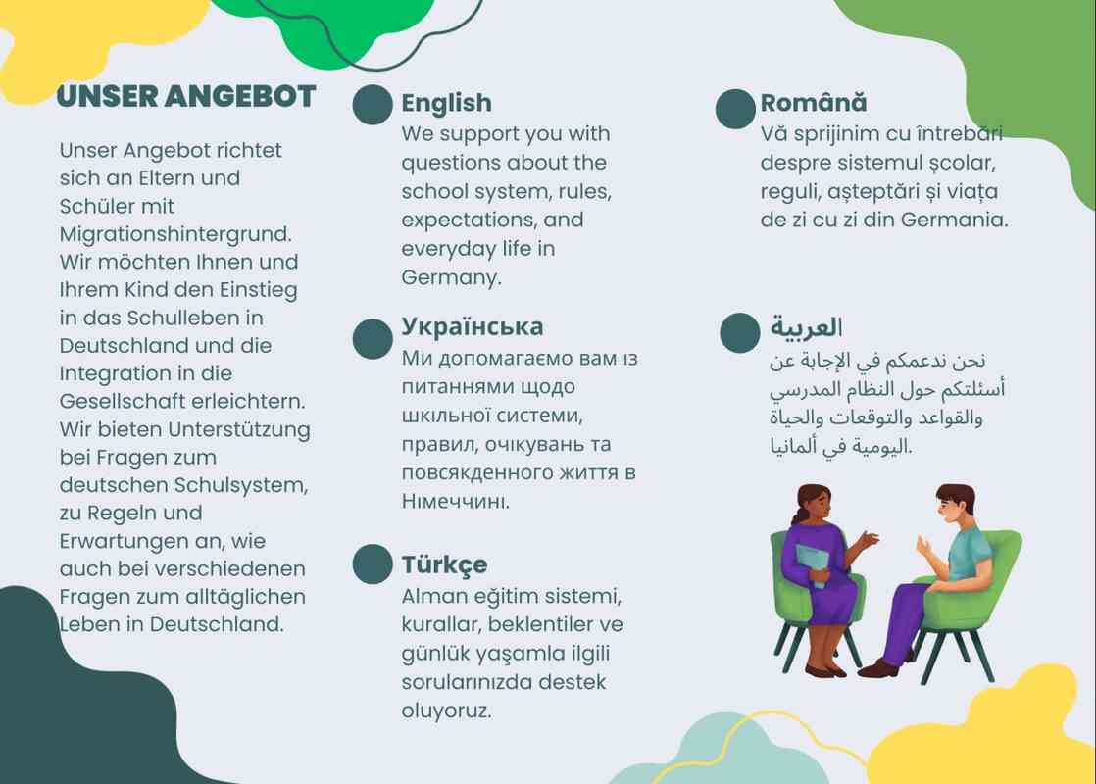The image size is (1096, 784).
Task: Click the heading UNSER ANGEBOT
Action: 186,96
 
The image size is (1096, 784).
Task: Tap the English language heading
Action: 446,103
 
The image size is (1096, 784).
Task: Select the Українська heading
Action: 472,326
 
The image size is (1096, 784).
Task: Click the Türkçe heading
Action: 444,564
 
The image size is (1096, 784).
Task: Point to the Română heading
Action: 814,102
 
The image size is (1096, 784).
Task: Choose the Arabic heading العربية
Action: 806,327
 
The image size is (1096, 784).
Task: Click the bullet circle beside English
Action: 373,106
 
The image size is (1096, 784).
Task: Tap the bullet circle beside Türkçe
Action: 373,563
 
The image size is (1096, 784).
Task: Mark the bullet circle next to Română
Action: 735,109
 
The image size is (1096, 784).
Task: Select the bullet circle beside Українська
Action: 373,339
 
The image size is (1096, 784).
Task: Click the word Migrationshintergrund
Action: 175,234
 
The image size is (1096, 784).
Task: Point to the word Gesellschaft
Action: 123,401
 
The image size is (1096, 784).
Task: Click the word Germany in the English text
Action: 452,278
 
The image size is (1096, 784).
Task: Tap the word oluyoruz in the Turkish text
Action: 446,711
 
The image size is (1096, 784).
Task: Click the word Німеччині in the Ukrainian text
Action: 455,501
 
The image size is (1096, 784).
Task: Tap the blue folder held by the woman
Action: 813,564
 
